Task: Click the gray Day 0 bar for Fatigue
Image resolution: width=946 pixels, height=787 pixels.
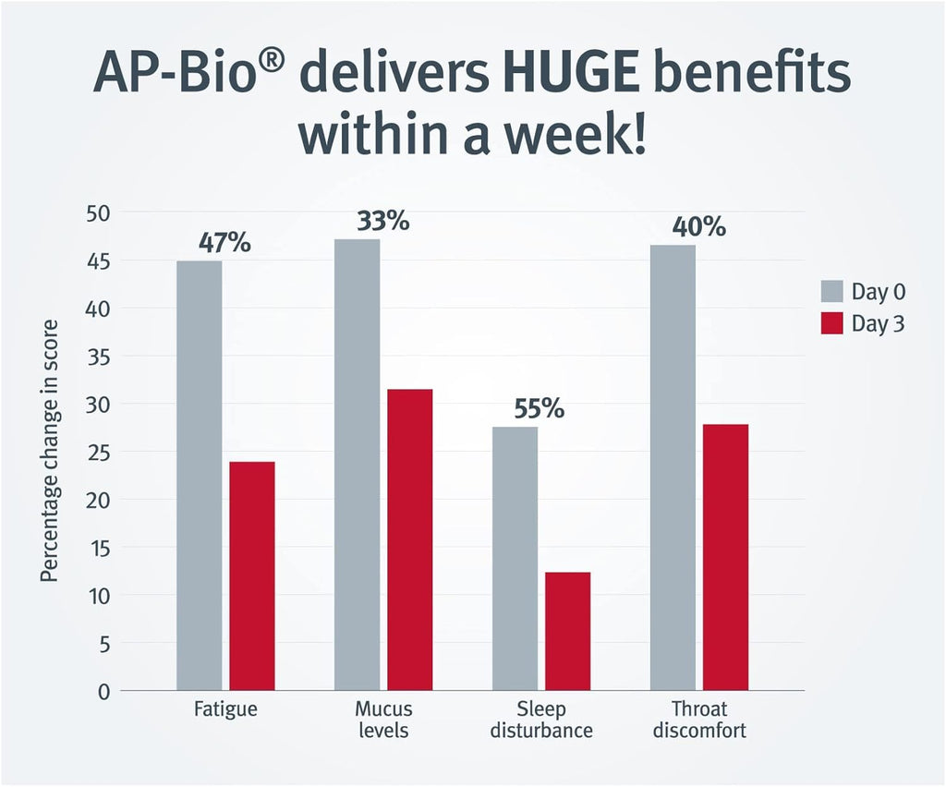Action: pos(199,476)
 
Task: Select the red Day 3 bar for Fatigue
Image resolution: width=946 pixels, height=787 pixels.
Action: pos(252,575)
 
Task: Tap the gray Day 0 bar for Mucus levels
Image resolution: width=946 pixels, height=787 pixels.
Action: pos(357,465)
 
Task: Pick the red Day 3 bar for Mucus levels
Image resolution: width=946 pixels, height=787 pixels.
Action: pos(410,539)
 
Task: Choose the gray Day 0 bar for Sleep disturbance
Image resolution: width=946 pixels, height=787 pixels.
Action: pos(515,559)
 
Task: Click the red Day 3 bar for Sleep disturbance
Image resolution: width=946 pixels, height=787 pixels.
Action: pos(567,631)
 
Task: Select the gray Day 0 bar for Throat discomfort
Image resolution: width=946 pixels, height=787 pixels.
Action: pos(673,467)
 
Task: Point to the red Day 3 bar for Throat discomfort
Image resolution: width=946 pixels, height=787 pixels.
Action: pos(725,557)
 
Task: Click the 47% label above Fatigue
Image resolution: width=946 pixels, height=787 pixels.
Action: pos(224,243)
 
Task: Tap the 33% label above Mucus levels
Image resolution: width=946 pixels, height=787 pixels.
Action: pos(382,222)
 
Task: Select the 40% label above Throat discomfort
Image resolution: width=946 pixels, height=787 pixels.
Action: pos(698,226)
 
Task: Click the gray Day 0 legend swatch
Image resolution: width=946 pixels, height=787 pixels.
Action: pos(831,292)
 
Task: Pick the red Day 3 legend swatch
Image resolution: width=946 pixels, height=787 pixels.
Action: pos(831,324)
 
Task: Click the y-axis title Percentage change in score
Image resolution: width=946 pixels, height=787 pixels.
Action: pos(50,451)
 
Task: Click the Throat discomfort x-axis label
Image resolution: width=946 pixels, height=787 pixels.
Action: pos(699,720)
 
